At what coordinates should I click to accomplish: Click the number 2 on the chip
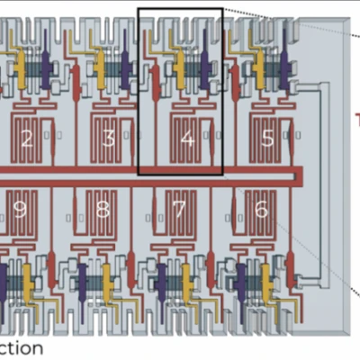[x=26, y=139]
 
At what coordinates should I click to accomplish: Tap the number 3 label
[x=108, y=139]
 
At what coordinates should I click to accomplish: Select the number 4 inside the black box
[x=187, y=139]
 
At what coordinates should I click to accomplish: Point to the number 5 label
[x=267, y=139]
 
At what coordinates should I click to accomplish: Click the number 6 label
[x=262, y=210]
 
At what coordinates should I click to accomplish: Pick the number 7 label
[x=179, y=211]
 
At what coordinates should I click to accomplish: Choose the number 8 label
[x=102, y=211]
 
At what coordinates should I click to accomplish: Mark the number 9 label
[x=20, y=211]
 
